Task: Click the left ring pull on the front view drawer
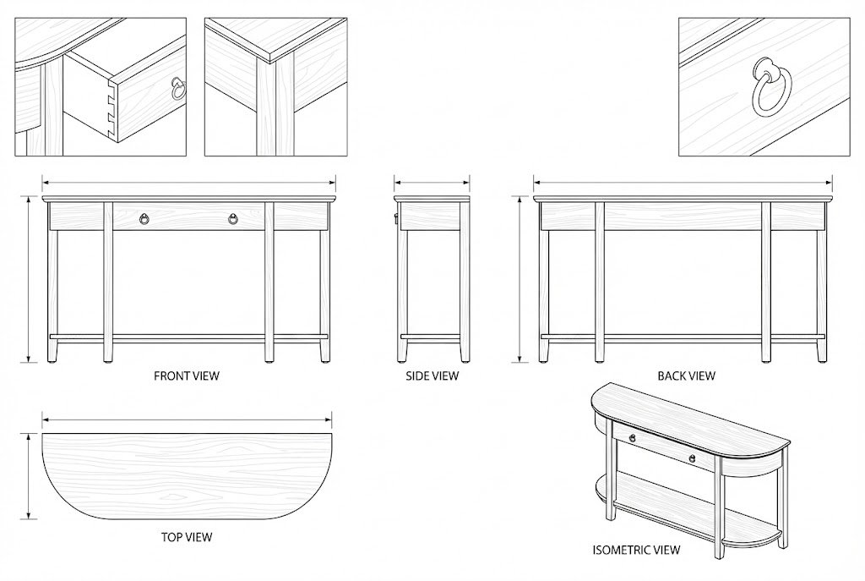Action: [x=144, y=219]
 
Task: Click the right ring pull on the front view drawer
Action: [x=233, y=219]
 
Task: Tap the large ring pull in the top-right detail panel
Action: [x=771, y=87]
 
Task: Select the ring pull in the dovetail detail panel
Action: [x=177, y=88]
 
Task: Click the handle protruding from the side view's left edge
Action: [x=395, y=219]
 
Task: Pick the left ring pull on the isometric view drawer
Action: [x=632, y=438]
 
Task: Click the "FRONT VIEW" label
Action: [x=187, y=376]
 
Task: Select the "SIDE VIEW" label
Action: [x=432, y=376]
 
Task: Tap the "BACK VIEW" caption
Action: [x=686, y=376]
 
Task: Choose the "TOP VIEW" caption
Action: [x=187, y=537]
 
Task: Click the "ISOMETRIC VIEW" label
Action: [x=636, y=550]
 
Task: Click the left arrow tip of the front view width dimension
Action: [x=43, y=182]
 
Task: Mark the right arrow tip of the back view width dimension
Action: [x=832, y=182]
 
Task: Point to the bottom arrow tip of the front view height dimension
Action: [x=28, y=362]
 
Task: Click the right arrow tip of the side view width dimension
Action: [x=470, y=182]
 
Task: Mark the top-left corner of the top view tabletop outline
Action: [x=42, y=434]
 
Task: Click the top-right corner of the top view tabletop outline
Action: [x=331, y=434]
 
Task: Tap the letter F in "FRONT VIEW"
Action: [x=156, y=376]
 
